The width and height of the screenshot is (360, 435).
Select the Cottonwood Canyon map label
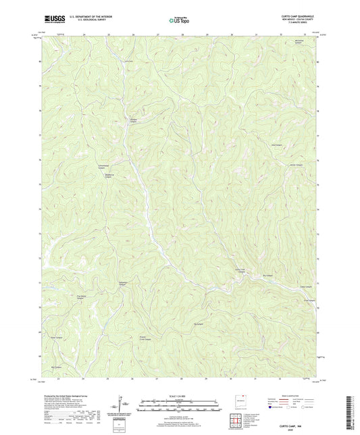pos(104,167)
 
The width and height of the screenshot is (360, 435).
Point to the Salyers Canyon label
pos(123,282)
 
